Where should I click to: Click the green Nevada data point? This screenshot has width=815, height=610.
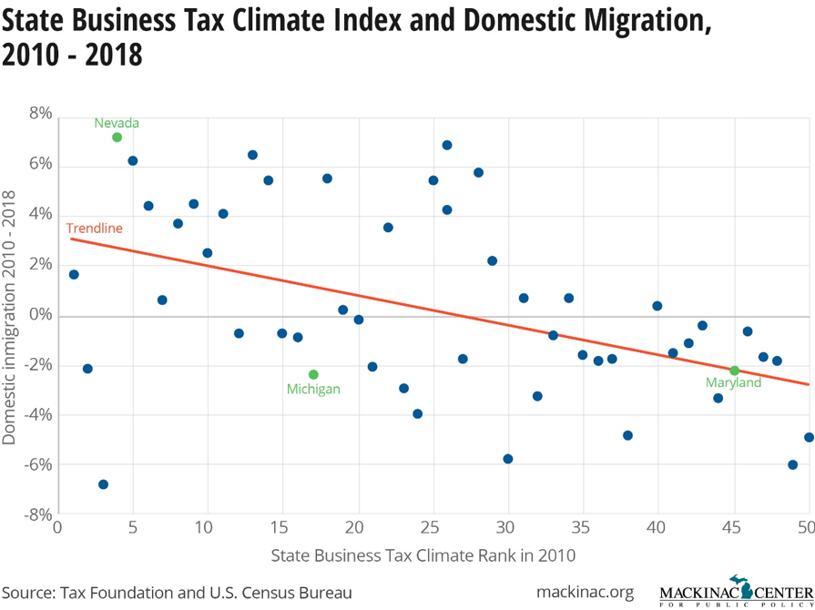point(117,137)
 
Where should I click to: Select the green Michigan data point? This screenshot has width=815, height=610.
point(313,374)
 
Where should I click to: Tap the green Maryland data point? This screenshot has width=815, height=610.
point(734,371)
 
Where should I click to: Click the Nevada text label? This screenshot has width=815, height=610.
point(117,123)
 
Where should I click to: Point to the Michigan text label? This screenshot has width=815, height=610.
point(313,390)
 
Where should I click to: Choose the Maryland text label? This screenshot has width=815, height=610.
point(733,383)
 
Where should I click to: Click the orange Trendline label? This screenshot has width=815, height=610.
point(94,229)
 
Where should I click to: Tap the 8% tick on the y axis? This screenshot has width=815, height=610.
point(41,115)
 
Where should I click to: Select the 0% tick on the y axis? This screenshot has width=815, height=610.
point(41,315)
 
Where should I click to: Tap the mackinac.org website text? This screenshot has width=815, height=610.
point(585,593)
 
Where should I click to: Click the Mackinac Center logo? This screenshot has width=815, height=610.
point(736,593)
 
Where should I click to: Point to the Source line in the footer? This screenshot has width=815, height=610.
point(177,593)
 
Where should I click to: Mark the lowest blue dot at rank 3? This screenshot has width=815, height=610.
point(103,484)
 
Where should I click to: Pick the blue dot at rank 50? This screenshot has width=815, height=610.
point(809,437)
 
